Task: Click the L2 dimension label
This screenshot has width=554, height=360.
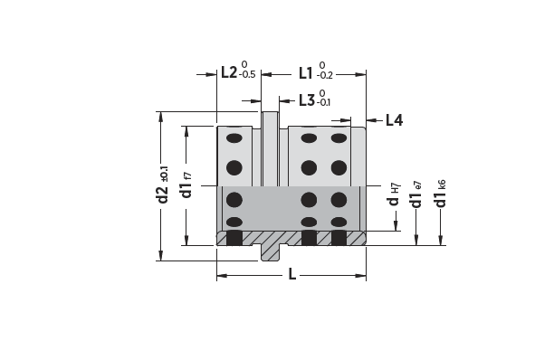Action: pyautogui.click(x=230, y=72)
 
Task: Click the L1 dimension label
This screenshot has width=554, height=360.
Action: pyautogui.click(x=306, y=72)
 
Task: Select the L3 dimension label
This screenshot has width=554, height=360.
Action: pyautogui.click(x=307, y=100)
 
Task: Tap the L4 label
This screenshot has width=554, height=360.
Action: pyautogui.click(x=394, y=119)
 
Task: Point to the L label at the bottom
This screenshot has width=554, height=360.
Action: pyautogui.click(x=291, y=274)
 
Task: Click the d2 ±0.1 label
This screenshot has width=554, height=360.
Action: pyautogui.click(x=164, y=185)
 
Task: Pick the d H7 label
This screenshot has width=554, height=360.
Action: pyautogui.click(x=395, y=196)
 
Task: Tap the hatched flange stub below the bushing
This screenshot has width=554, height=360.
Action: pyautogui.click(x=270, y=251)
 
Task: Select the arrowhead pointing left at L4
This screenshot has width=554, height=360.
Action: pyautogui.click(x=369, y=119)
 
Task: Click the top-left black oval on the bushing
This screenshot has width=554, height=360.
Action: pyautogui.click(x=234, y=138)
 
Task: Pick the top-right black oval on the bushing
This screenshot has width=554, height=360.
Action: pyautogui.click(x=339, y=138)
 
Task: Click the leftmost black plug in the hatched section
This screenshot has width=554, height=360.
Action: pyautogui.click(x=234, y=238)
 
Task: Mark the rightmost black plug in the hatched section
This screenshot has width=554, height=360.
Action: pyautogui.click(x=339, y=238)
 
